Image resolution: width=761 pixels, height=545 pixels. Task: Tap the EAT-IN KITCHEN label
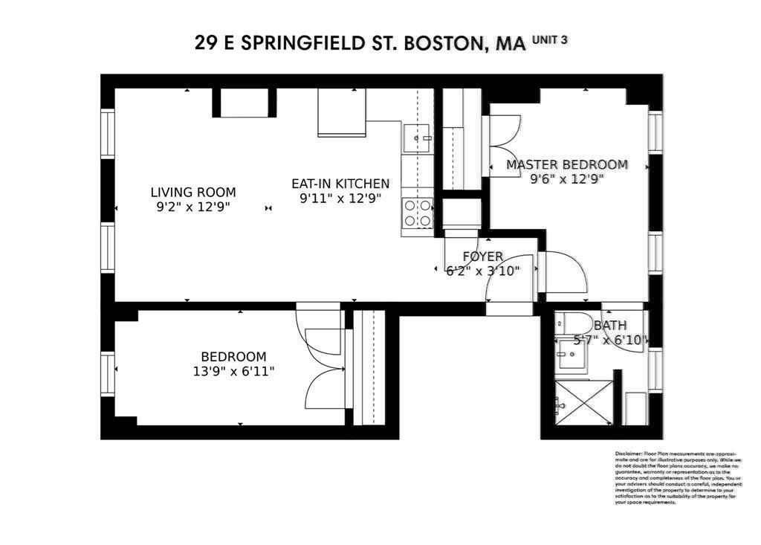340,183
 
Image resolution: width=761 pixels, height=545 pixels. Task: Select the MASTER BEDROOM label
566,164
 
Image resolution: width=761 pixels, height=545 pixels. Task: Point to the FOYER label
482,257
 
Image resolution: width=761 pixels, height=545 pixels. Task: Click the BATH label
609,325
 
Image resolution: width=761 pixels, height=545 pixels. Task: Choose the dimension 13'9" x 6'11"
233,371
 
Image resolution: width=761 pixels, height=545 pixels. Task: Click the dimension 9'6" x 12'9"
566,178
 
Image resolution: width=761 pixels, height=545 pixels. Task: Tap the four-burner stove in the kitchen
417,213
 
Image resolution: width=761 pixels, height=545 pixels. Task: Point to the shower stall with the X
584,403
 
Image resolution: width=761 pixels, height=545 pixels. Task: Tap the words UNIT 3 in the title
550,39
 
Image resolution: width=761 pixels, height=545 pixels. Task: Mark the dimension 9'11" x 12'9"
340,198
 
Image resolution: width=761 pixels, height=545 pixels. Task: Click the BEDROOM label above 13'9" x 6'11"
233,357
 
